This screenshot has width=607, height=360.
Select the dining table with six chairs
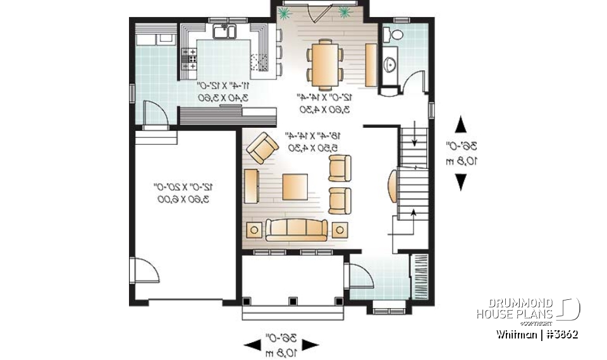[325, 64]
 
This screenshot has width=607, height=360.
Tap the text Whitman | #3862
[537, 334]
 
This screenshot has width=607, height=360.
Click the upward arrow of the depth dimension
[462, 124]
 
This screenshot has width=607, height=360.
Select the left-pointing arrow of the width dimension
[252, 345]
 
